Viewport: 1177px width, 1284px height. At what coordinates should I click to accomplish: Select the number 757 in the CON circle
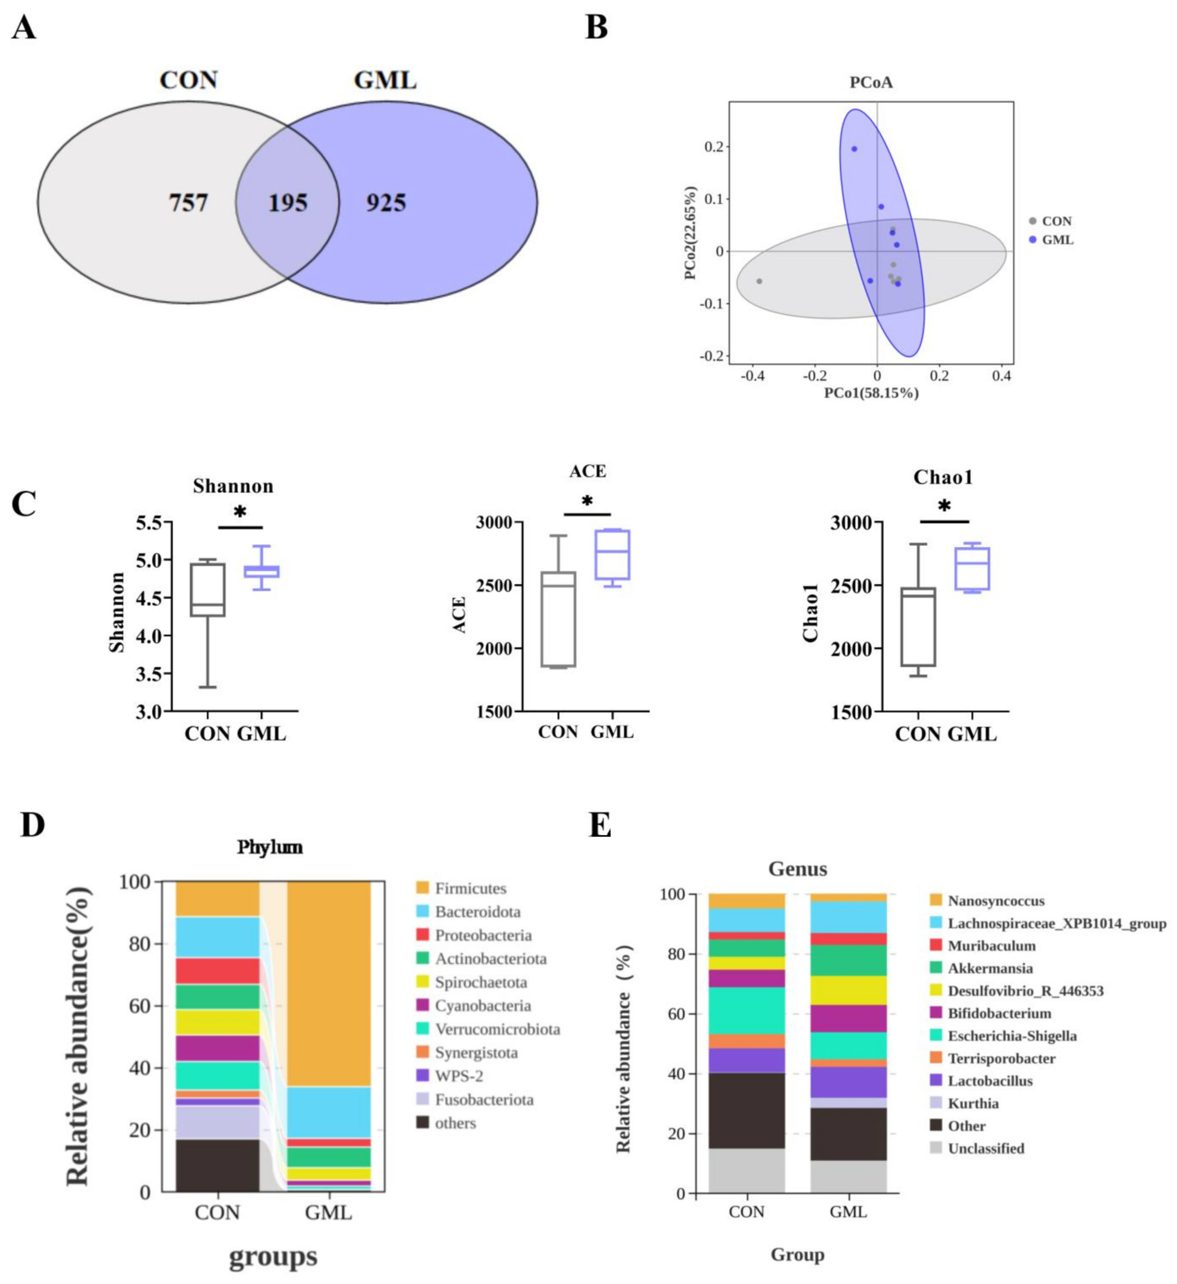point(189,203)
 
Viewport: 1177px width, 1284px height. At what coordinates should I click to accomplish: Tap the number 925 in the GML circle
point(386,203)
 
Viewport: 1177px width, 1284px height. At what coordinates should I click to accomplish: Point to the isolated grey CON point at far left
point(759,281)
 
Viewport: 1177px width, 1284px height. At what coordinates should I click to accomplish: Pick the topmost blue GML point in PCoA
point(854,149)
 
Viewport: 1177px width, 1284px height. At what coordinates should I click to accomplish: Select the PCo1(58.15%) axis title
point(871,393)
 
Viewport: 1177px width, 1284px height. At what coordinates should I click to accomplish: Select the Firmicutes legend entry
point(470,889)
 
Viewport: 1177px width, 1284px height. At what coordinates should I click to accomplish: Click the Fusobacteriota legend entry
point(484,1100)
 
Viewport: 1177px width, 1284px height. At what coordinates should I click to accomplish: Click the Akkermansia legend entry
point(990,968)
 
